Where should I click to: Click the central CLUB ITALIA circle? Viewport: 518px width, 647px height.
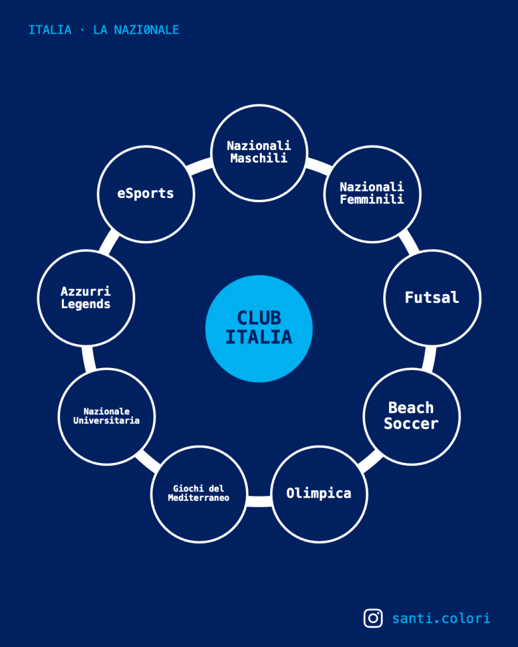point(259,328)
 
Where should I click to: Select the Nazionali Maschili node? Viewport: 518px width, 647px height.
point(259,152)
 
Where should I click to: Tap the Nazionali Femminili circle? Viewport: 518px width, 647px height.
point(372,193)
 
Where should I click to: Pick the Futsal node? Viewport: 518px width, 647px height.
point(432,297)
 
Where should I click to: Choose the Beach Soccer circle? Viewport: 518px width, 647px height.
point(411,416)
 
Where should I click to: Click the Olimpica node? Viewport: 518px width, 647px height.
point(319,493)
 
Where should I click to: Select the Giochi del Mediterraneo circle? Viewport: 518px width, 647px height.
point(199,493)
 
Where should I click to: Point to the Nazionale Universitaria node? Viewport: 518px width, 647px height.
point(106,416)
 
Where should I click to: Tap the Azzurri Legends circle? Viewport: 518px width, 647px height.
point(86,297)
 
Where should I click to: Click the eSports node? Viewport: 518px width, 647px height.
point(145,193)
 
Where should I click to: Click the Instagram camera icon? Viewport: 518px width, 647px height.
point(373,618)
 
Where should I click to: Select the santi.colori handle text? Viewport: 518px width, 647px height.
point(441,618)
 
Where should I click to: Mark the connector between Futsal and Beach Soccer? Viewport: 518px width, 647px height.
point(430,357)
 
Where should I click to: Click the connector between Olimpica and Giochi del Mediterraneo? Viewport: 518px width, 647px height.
point(259,501)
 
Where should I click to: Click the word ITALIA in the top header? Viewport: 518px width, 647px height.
point(50,30)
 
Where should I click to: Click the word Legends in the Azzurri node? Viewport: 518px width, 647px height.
point(86,304)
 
